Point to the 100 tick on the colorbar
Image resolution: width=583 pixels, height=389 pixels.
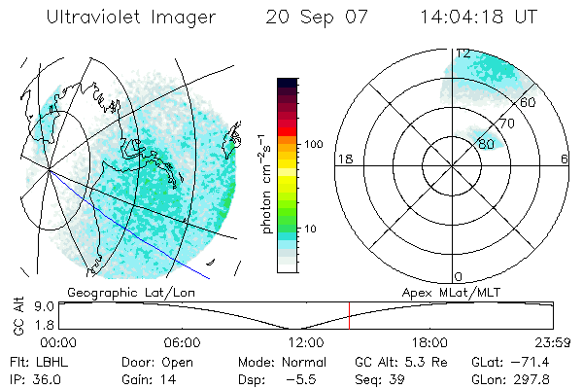click(x=313, y=143)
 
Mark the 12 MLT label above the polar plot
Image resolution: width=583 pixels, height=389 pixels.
click(x=463, y=54)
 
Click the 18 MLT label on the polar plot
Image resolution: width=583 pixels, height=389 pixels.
click(x=343, y=159)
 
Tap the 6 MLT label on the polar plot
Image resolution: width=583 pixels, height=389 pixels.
click(x=565, y=159)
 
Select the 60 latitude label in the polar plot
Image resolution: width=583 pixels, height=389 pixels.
click(x=529, y=102)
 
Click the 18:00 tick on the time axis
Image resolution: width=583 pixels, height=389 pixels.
click(x=429, y=342)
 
